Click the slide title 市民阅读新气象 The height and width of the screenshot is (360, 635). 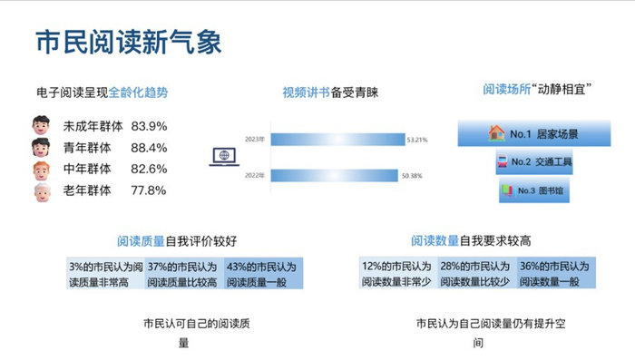click(128, 41)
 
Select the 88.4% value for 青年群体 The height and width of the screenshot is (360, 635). click(149, 148)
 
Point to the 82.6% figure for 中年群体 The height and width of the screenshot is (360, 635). click(149, 169)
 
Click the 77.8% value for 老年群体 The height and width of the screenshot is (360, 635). click(149, 190)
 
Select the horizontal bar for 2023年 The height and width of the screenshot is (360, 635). click(336, 140)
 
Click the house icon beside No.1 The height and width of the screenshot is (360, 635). click(496, 132)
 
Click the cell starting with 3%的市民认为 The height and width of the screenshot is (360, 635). click(105, 275)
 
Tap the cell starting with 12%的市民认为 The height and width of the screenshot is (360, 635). click(397, 275)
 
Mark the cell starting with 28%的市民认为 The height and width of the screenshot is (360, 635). click(475, 275)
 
